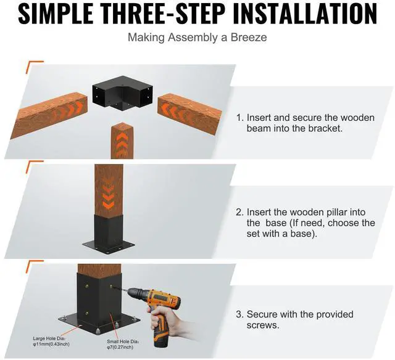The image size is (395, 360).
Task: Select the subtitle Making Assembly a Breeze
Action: click(197, 37)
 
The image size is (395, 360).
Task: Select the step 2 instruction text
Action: click(305, 223)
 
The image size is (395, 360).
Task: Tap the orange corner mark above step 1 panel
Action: click(34, 62)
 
